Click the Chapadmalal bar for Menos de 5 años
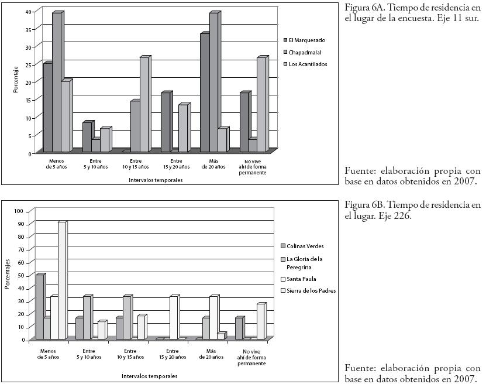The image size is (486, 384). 56,82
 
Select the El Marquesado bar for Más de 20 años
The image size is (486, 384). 204,94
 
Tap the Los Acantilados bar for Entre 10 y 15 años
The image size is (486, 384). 144,105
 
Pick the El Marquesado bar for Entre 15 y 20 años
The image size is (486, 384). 166,123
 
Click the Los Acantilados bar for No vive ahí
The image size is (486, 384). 261,105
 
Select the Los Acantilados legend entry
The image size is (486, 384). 308,64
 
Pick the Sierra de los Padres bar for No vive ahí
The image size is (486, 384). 260,322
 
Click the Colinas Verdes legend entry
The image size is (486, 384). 305,246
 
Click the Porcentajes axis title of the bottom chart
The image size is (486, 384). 7,275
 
